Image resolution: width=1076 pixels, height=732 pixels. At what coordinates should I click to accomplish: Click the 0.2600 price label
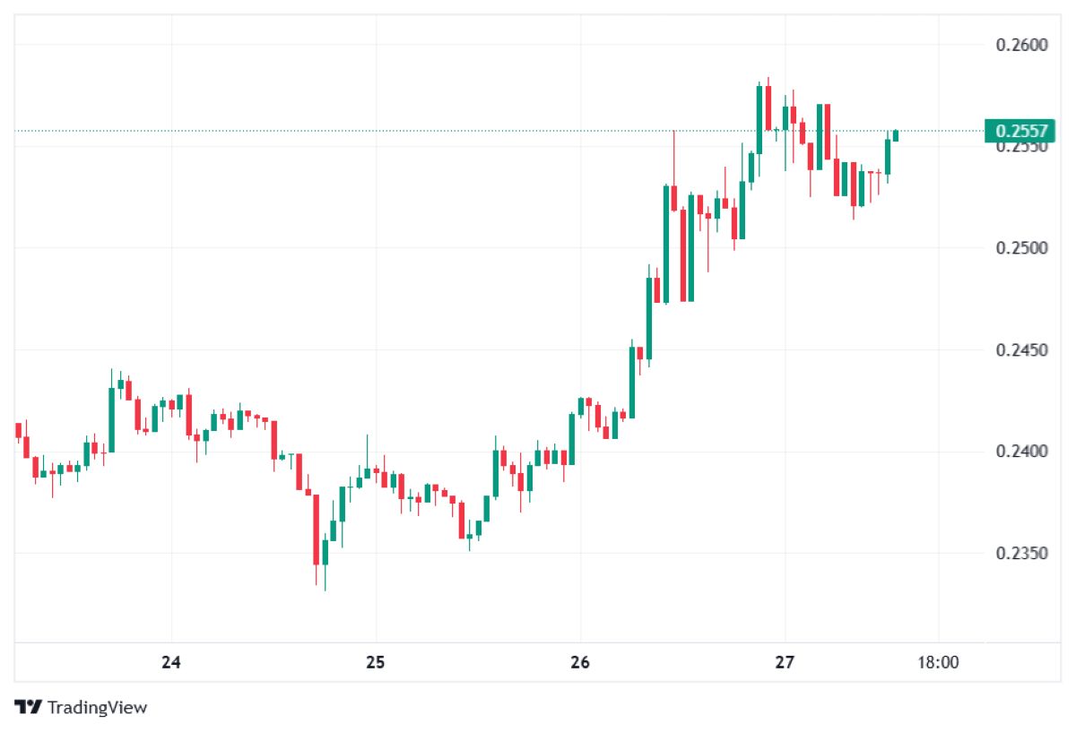coord(1021,45)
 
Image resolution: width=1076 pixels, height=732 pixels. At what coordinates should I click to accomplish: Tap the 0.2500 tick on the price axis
coord(1021,247)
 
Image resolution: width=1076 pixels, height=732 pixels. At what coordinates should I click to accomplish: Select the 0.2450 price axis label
coord(1021,349)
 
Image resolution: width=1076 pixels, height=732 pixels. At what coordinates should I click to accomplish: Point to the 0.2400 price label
coord(1021,451)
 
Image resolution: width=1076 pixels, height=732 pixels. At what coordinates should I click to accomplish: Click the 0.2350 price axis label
coord(1021,553)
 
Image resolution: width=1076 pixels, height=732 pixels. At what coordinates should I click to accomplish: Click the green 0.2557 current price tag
coord(1020,132)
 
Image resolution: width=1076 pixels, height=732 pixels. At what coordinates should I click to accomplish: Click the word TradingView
coord(97,708)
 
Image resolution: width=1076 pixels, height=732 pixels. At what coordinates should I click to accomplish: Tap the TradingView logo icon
coord(29,707)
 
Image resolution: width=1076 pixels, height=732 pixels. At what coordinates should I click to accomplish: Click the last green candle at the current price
coord(895,135)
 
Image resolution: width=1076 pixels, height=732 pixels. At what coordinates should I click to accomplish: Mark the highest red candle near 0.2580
coord(768,108)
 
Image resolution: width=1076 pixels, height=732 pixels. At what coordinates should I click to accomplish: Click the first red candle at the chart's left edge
coord(18,431)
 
